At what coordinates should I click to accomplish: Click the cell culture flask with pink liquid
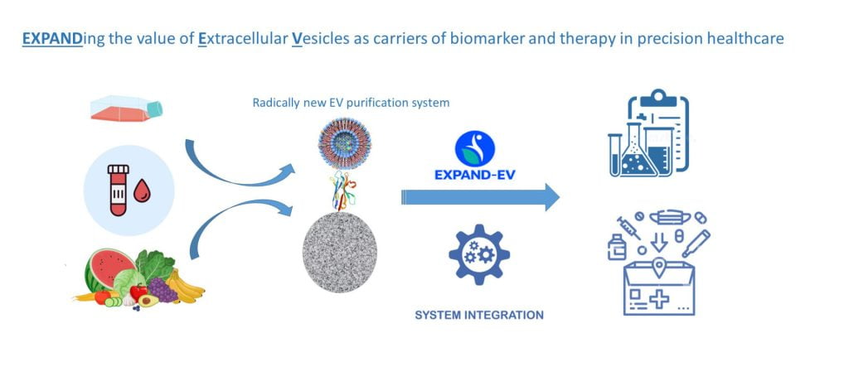pos(126,109)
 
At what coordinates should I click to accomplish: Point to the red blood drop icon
pos(142,191)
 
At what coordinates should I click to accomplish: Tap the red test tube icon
pos(118,190)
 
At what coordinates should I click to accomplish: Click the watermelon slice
pos(109,269)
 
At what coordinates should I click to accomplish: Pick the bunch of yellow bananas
pos(184,285)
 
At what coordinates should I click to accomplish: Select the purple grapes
pos(162,290)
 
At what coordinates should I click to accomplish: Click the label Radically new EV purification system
pos(351,102)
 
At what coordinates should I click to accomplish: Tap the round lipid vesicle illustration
pos(344,143)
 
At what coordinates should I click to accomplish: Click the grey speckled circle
pos(339,253)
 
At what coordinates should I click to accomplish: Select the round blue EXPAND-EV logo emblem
pos(475,148)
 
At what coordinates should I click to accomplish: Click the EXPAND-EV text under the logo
pos(475,175)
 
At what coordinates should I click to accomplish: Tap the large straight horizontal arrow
pos(480,197)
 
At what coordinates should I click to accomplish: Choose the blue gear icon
pos(479,254)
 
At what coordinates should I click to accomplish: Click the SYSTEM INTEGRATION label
pos(479,315)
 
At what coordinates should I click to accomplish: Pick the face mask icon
pos(670,217)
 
